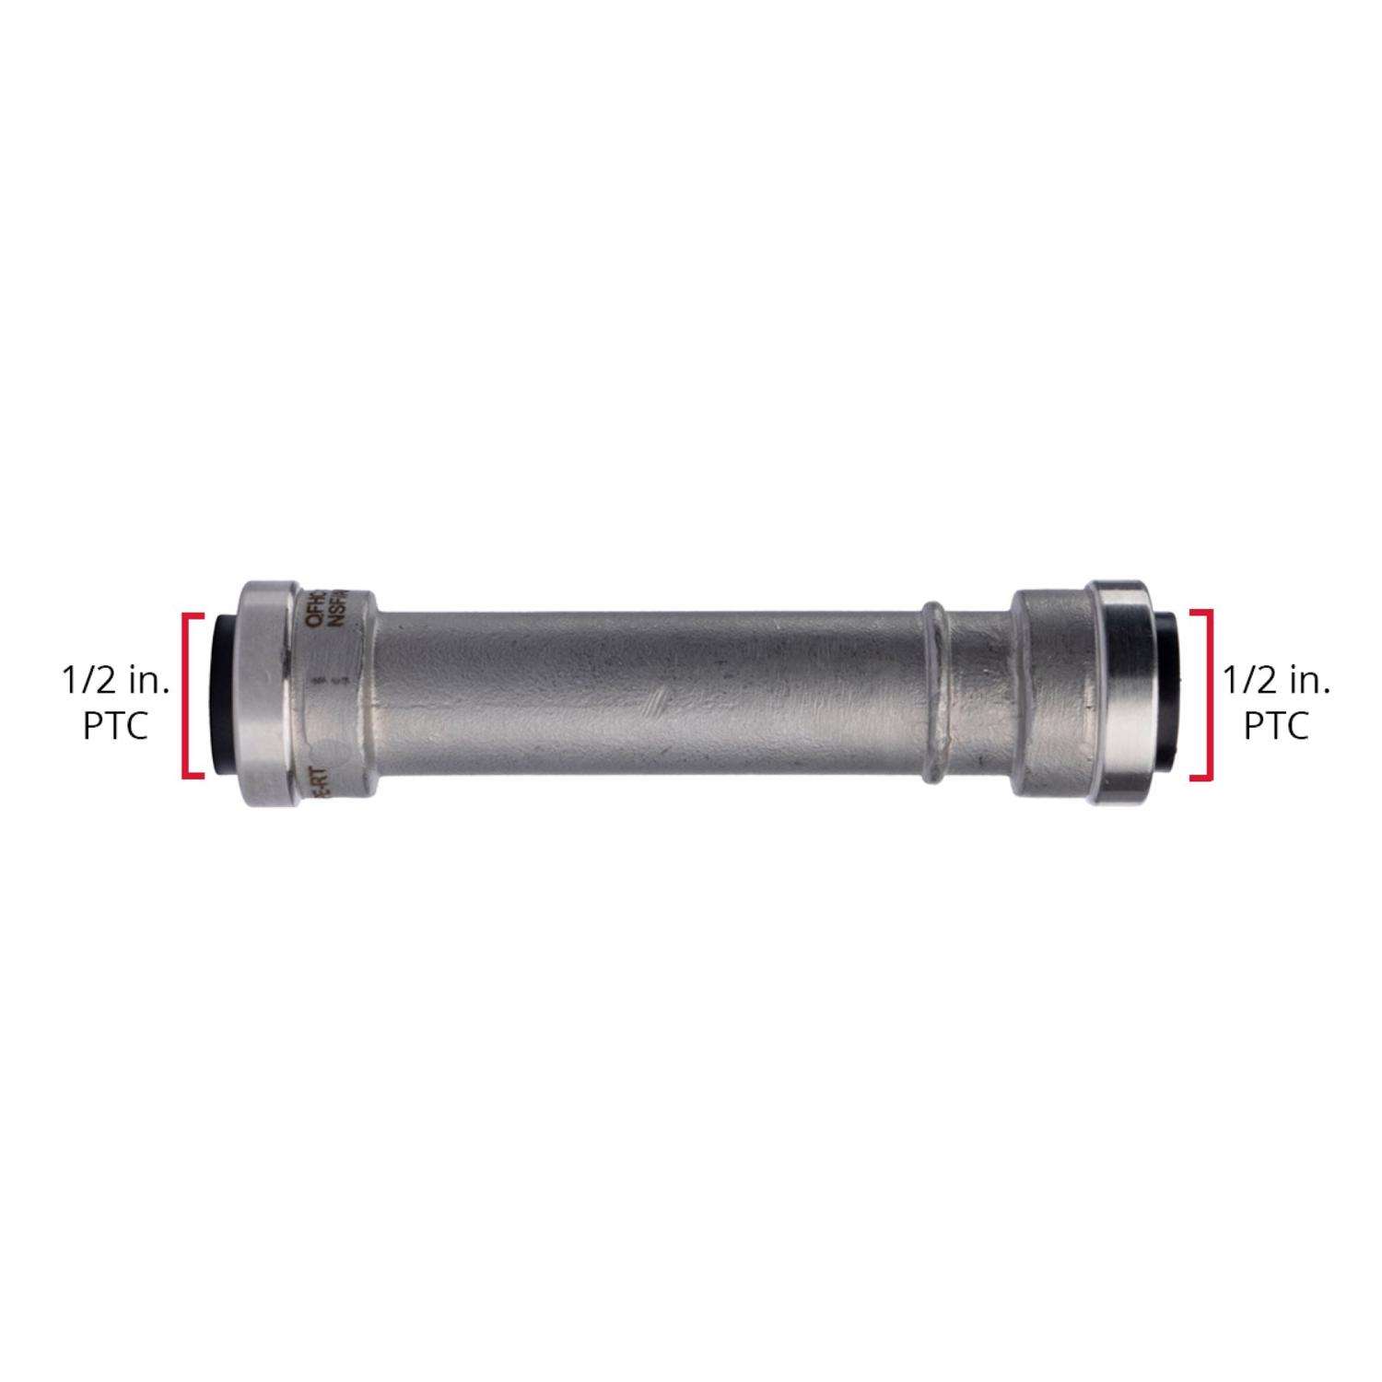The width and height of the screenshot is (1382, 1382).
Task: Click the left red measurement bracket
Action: pos(188,695)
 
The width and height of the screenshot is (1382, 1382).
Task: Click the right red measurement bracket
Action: pos(1205,695)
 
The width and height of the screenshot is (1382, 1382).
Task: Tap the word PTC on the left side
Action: pos(115,726)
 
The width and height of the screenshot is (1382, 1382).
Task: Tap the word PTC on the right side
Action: pos(1276,726)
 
